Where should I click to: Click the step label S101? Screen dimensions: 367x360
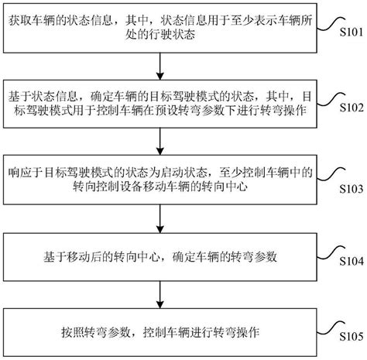click(x=352, y=33)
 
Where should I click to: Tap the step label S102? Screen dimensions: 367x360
click(x=352, y=108)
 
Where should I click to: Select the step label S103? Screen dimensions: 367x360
click(x=352, y=189)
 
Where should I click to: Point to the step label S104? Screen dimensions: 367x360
click(x=352, y=262)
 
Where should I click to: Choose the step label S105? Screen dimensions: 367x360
click(x=352, y=337)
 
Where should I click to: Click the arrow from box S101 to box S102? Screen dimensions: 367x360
click(x=160, y=67)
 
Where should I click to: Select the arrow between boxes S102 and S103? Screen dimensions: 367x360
click(x=160, y=142)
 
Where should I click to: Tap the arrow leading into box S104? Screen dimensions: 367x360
click(x=160, y=219)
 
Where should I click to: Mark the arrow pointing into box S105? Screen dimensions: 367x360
click(x=160, y=295)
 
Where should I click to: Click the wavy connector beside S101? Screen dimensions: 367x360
click(x=331, y=24)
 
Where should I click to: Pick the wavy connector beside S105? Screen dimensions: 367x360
click(x=331, y=327)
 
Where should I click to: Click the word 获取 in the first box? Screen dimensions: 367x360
click(x=20, y=21)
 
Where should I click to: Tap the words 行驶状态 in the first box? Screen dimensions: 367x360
click(x=160, y=35)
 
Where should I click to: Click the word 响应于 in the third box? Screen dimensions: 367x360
click(x=26, y=173)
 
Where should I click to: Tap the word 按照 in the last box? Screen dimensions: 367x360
click(x=73, y=332)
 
